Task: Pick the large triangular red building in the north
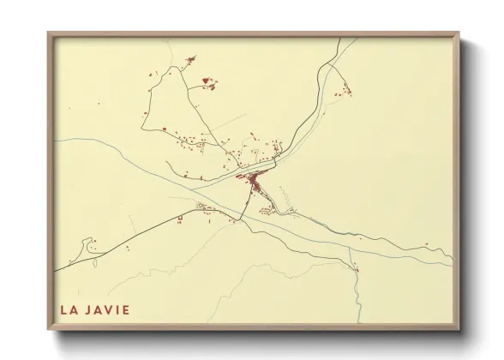[x=206, y=82]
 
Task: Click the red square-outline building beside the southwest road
[x=180, y=219]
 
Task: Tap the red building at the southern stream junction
[x=357, y=270]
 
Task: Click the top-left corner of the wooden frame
[x=50, y=35]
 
